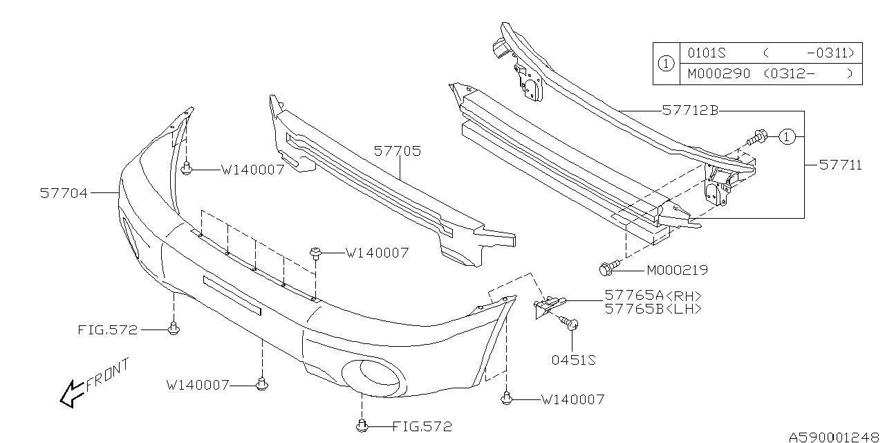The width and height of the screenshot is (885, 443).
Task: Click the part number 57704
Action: click(64, 194)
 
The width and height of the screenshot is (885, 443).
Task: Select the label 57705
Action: click(398, 151)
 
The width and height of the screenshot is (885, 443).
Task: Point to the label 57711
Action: click(840, 165)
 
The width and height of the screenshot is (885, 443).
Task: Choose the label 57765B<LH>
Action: click(653, 309)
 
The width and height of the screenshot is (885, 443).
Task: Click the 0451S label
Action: click(573, 359)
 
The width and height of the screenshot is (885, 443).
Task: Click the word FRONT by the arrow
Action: click(107, 374)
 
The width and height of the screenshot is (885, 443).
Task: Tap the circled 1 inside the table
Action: click(665, 63)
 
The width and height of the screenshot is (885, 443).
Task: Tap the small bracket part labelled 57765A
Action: click(548, 305)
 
